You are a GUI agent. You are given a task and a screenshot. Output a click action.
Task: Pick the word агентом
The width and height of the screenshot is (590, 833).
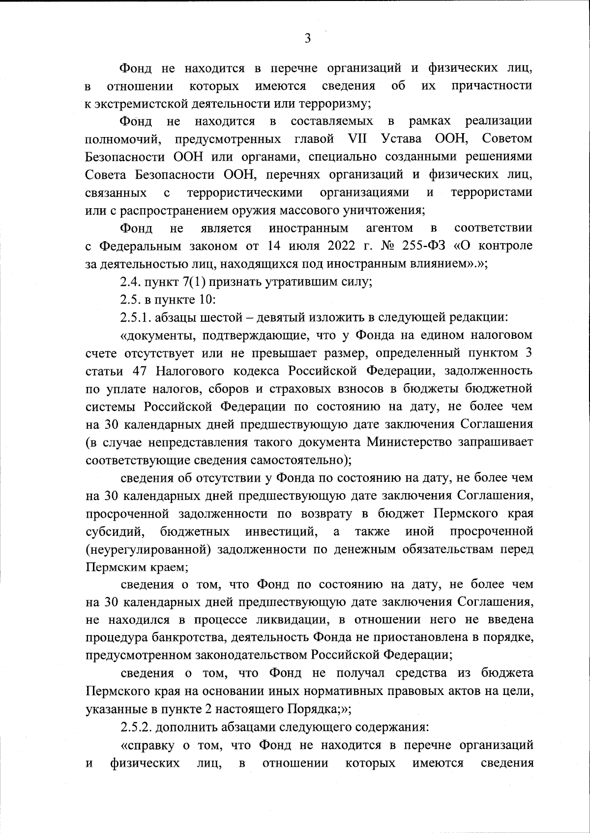click(389, 228)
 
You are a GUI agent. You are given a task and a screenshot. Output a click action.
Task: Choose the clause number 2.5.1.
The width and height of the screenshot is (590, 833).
click(135, 317)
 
